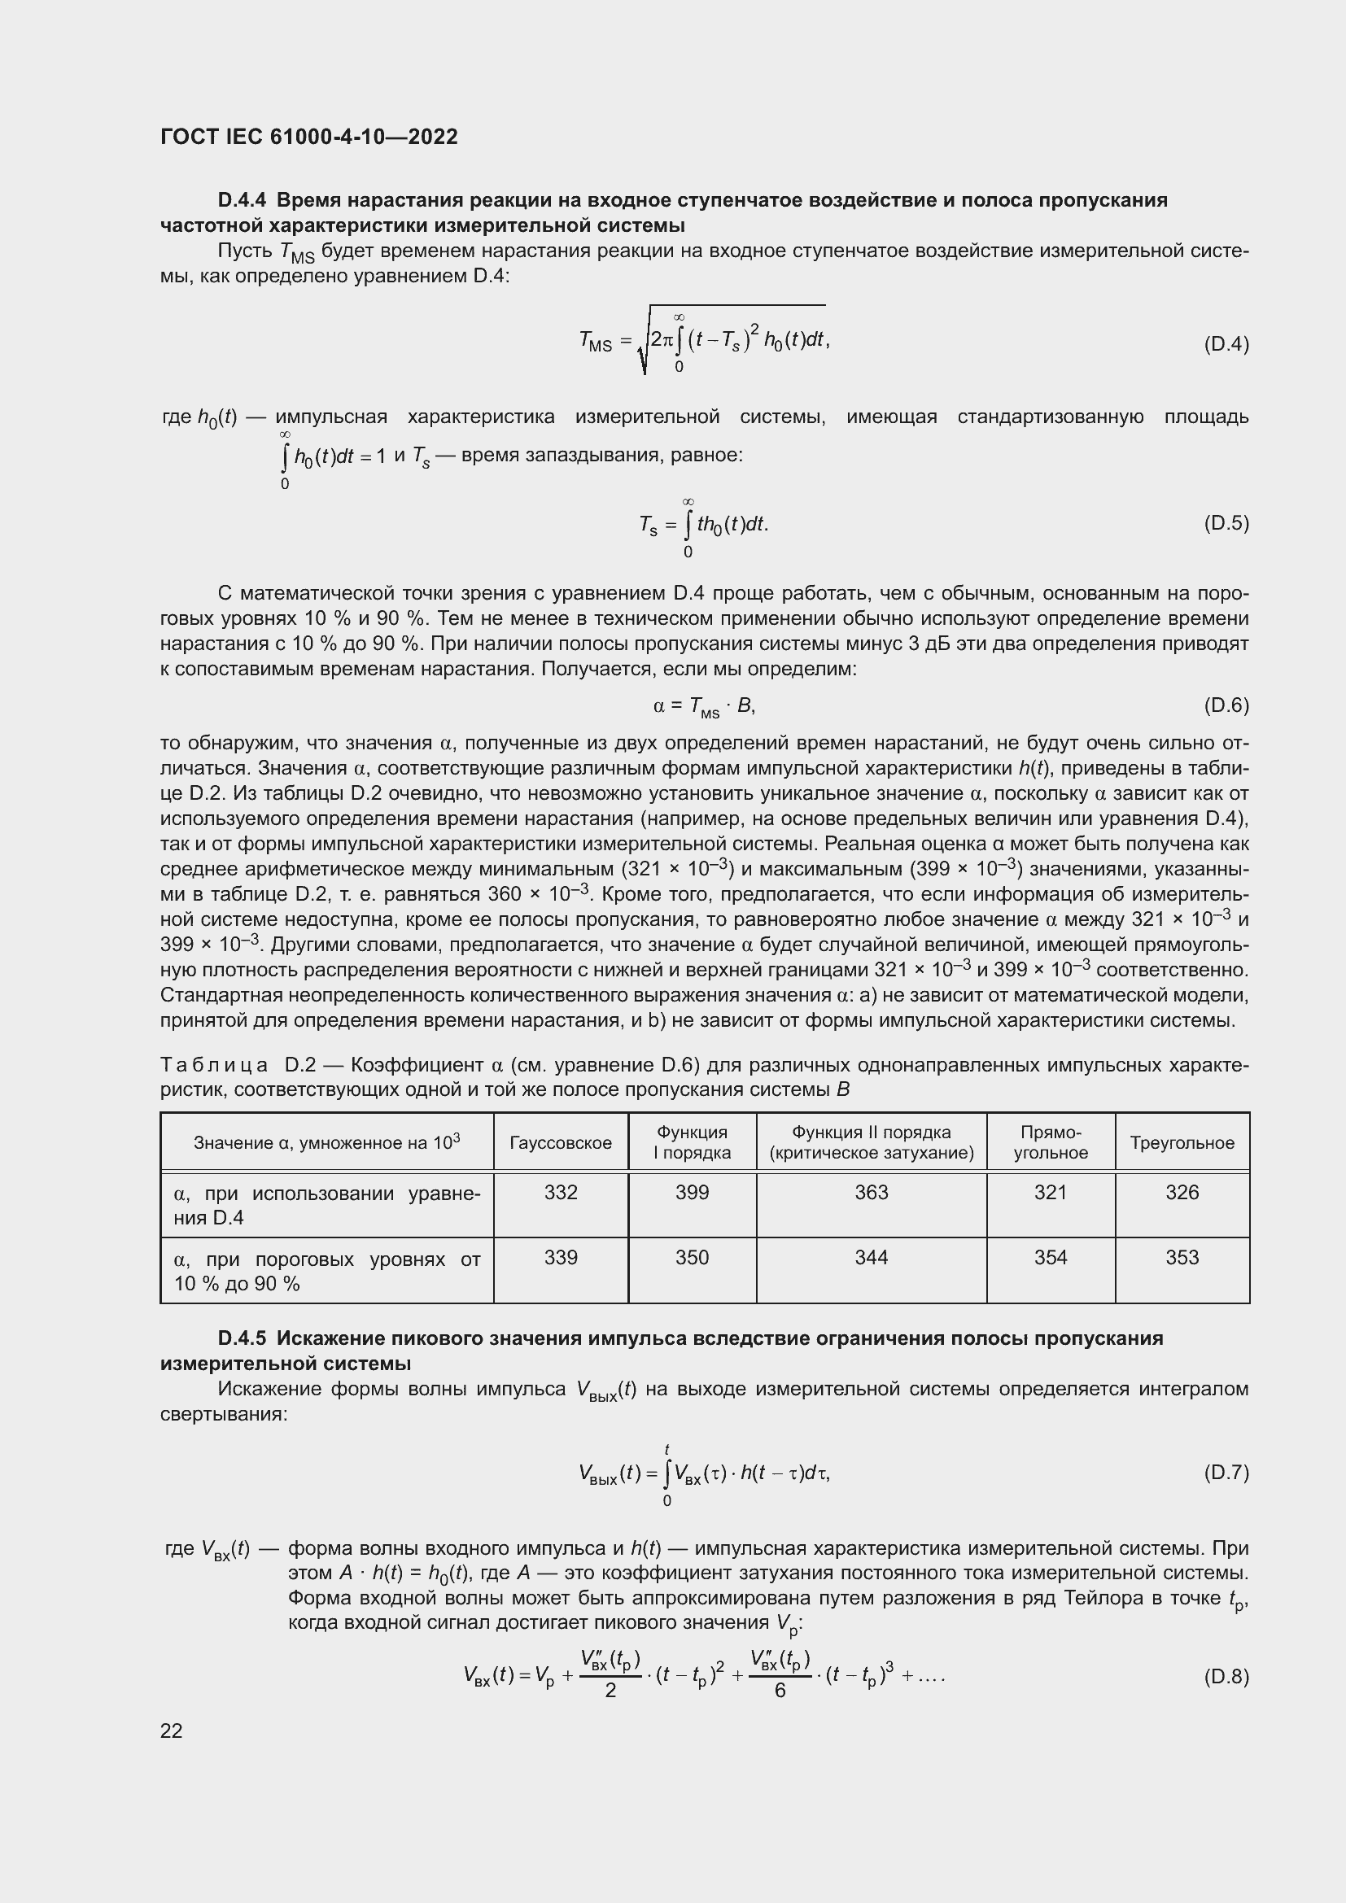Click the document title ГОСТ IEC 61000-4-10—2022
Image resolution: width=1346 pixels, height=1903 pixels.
pos(308,137)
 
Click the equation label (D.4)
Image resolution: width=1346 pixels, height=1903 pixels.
pos(1225,344)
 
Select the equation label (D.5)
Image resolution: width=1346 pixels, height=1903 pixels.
pos(1225,523)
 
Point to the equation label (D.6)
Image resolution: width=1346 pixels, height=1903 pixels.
pos(1225,705)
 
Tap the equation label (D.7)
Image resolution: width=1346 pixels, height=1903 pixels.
pos(1225,1472)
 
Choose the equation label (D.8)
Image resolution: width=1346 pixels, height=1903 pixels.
pos(1225,1677)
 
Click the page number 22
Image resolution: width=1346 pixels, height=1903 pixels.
pos(172,1731)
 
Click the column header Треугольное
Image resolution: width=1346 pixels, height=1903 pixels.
pos(1182,1143)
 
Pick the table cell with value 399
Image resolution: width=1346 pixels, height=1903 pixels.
pos(692,1193)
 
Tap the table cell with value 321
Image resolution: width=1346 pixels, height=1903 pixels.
pos(1050,1193)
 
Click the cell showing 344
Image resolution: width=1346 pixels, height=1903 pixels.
pos(871,1258)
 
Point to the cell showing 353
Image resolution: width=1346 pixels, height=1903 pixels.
pos(1182,1258)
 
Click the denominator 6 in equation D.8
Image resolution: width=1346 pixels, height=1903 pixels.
pos(780,1691)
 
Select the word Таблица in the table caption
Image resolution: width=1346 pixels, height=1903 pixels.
pos(214,1065)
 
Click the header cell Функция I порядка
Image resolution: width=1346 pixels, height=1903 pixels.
pos(692,1143)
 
